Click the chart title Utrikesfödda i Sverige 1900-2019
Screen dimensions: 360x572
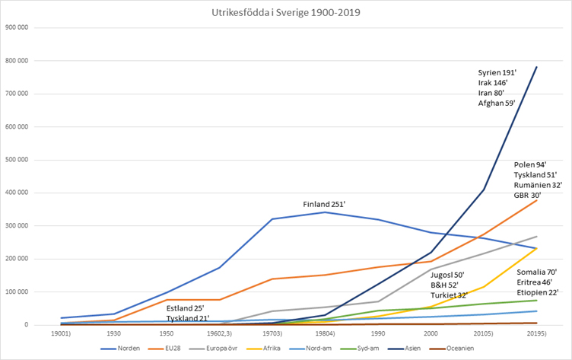pos(285,13)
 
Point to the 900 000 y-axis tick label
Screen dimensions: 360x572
pos(16,27)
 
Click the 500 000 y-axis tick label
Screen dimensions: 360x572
pos(16,160)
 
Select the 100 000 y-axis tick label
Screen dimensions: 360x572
pos(16,292)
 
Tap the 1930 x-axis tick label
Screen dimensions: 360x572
pos(113,333)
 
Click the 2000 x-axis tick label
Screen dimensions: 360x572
pos(431,333)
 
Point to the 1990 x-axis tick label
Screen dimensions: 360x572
pos(378,333)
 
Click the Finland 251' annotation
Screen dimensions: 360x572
pos(325,205)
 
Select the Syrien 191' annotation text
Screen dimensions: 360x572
pos(497,72)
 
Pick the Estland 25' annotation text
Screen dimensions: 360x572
pos(186,308)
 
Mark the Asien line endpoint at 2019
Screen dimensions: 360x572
pos(537,66)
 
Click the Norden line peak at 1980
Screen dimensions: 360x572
pos(325,212)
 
